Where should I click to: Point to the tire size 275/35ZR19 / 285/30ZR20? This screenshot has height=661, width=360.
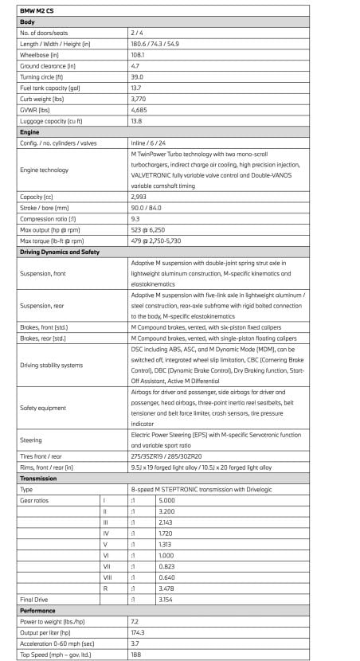(170, 456)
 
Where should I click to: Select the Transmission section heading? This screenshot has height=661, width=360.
(40, 479)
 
